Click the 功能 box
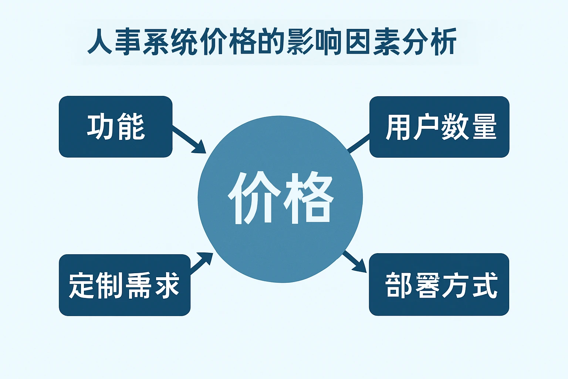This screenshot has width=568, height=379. tap(116, 127)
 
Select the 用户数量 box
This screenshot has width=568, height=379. tap(439, 127)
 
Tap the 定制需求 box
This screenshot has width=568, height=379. tap(125, 285)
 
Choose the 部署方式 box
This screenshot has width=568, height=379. tap(439, 284)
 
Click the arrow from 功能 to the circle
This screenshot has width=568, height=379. tap(189, 140)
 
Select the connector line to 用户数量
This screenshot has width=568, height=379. tap(359, 144)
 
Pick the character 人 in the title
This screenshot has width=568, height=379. tap(99, 42)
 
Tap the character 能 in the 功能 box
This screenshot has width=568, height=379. tap(131, 127)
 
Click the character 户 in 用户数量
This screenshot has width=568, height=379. tap(426, 127)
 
